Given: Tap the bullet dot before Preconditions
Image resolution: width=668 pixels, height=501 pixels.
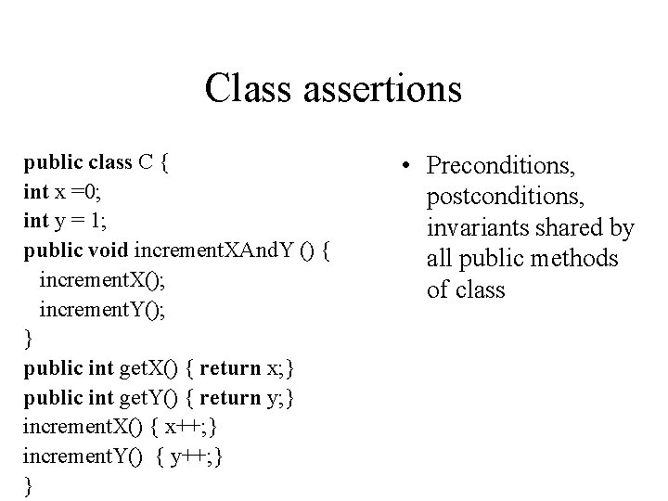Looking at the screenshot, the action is [406, 168].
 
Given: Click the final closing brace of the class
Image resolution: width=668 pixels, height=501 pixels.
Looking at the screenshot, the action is [28, 486].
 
